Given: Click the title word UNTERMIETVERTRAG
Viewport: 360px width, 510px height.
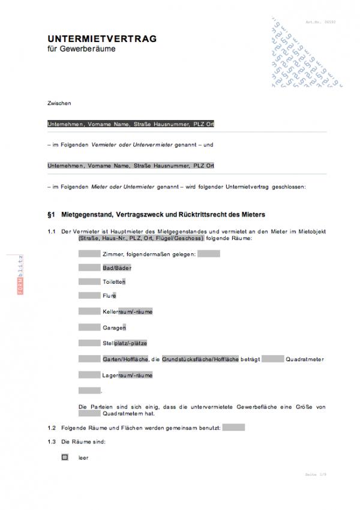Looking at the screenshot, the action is (x=102, y=38).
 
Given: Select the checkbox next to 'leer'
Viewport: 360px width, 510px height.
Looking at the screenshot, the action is (x=65, y=457).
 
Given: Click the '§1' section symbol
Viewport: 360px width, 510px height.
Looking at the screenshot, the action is (x=51, y=214).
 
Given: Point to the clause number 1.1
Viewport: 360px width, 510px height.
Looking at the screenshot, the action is (x=52, y=232).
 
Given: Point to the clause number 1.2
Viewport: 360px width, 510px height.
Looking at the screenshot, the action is (x=52, y=428).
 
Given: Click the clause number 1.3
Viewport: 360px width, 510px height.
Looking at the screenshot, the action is (x=52, y=442).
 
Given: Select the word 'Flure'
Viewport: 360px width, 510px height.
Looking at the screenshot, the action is (x=109, y=295).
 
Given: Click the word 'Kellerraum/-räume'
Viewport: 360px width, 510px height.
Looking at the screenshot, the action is (x=128, y=312).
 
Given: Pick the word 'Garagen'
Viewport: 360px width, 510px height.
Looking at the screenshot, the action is (x=114, y=328).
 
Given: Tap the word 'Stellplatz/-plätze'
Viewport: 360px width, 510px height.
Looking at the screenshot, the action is (x=125, y=343).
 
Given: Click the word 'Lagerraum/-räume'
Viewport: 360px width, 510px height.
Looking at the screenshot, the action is (x=127, y=375).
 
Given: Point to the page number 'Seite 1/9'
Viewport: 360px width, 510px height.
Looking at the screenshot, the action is (x=317, y=474).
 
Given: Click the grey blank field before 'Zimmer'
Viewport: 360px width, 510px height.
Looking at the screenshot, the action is (x=89, y=254).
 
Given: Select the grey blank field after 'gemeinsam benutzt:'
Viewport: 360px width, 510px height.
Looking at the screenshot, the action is (x=233, y=428).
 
